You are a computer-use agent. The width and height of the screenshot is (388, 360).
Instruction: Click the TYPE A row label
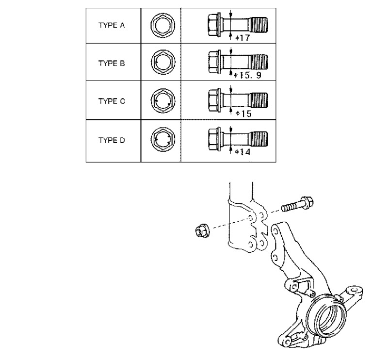112,25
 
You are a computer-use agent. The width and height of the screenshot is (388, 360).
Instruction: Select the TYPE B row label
112,64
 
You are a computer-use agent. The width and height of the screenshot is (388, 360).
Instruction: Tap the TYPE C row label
112,101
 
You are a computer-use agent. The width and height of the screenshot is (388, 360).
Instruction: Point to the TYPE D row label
112,140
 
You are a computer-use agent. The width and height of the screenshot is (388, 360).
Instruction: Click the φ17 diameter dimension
243,38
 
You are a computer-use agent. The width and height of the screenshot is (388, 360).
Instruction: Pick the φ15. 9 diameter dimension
247,75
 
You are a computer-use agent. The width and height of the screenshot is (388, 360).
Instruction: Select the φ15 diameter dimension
243,114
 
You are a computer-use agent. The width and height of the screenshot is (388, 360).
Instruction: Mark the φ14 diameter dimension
243,152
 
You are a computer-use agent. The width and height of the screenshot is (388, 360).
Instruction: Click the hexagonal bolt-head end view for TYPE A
163,26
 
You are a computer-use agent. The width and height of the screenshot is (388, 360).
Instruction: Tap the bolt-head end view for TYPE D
163,139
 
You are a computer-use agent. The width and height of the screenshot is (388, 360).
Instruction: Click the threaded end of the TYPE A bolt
259,25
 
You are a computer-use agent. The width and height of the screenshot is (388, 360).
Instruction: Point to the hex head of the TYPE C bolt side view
213,101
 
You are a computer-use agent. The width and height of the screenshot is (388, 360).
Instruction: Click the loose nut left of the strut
202,230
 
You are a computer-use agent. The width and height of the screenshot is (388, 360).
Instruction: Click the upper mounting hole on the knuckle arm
275,231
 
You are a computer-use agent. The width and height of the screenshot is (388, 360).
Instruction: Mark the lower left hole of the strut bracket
250,245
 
